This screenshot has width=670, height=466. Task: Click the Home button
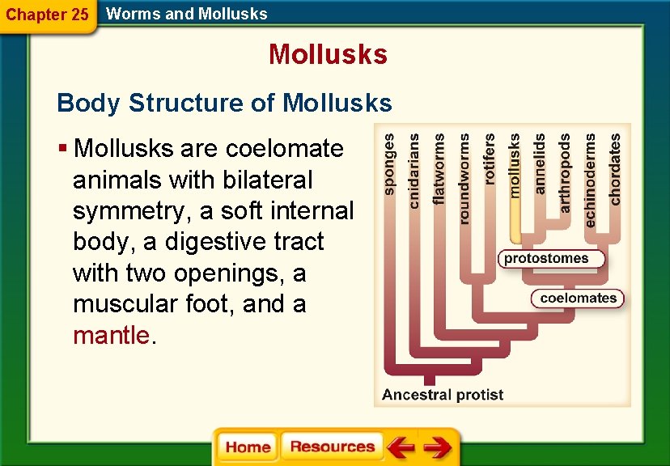(x=248, y=447)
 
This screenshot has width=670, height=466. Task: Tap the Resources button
(x=332, y=447)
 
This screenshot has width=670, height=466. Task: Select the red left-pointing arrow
(x=400, y=447)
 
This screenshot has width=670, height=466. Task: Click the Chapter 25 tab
(x=47, y=15)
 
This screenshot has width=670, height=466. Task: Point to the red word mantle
(x=112, y=335)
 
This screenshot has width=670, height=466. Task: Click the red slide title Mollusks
(x=328, y=54)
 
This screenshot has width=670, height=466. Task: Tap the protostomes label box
(x=553, y=260)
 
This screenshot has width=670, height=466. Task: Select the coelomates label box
(x=578, y=298)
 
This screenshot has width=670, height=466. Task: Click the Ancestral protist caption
(x=442, y=395)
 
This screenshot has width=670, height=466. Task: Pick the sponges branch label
(x=390, y=164)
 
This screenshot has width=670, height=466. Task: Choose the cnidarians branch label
(x=414, y=171)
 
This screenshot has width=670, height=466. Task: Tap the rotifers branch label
(x=490, y=160)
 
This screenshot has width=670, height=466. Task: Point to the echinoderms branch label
(x=590, y=180)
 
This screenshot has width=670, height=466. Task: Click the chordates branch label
(x=615, y=168)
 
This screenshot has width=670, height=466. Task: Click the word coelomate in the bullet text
(x=285, y=149)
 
